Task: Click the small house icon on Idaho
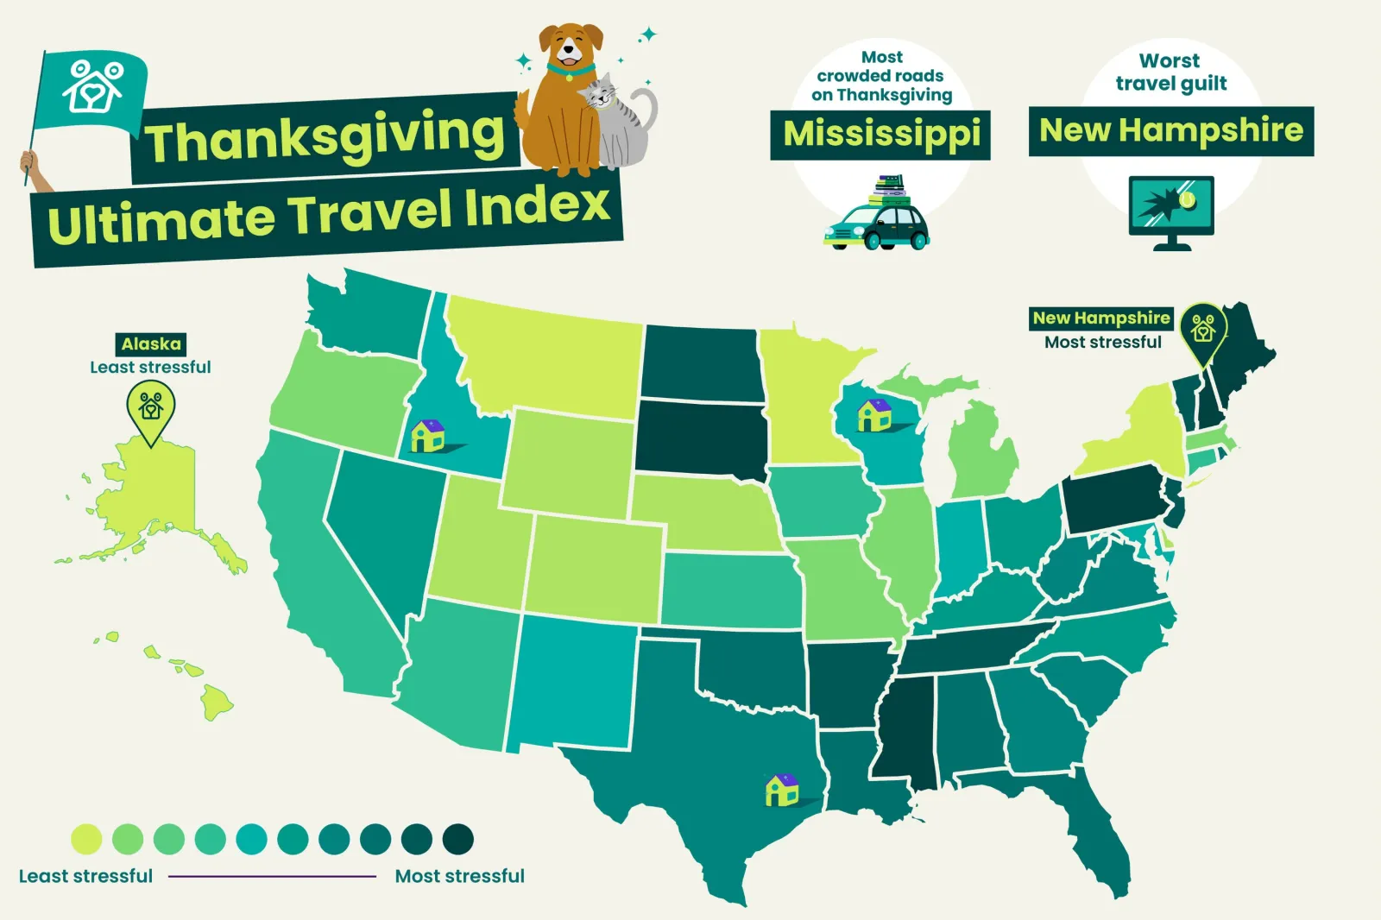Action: point(427,435)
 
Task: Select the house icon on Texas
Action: point(782,790)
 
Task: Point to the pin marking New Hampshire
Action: point(1203,332)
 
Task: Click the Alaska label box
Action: point(151,343)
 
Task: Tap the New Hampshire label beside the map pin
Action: point(1101,318)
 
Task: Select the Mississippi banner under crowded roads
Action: point(880,135)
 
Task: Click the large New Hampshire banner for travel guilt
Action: point(1171,131)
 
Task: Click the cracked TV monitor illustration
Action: point(1171,209)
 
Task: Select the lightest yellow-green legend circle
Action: point(86,839)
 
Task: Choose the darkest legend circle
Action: point(458,839)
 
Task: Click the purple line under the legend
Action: point(273,876)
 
